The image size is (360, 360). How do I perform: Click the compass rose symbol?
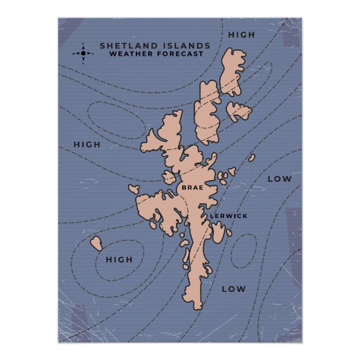pos(83,54)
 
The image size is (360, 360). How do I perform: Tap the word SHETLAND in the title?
pos(125,46)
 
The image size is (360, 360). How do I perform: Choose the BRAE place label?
pos(192,188)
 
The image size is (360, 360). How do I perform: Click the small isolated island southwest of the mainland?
pos(97,244)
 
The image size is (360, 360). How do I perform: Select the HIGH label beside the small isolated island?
pos(119,260)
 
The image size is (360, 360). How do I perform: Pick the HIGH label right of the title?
pos(241,35)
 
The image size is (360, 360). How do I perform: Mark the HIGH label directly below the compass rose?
pos(87,145)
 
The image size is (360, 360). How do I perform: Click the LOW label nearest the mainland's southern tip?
pos(233,289)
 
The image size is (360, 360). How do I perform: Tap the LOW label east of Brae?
pos(280,179)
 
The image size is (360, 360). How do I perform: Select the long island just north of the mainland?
pos(208,112)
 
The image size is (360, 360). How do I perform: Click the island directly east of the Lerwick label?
pos(218,231)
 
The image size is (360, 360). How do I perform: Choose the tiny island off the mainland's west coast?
pos(133,189)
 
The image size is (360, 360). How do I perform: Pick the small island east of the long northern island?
pos(239,111)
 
